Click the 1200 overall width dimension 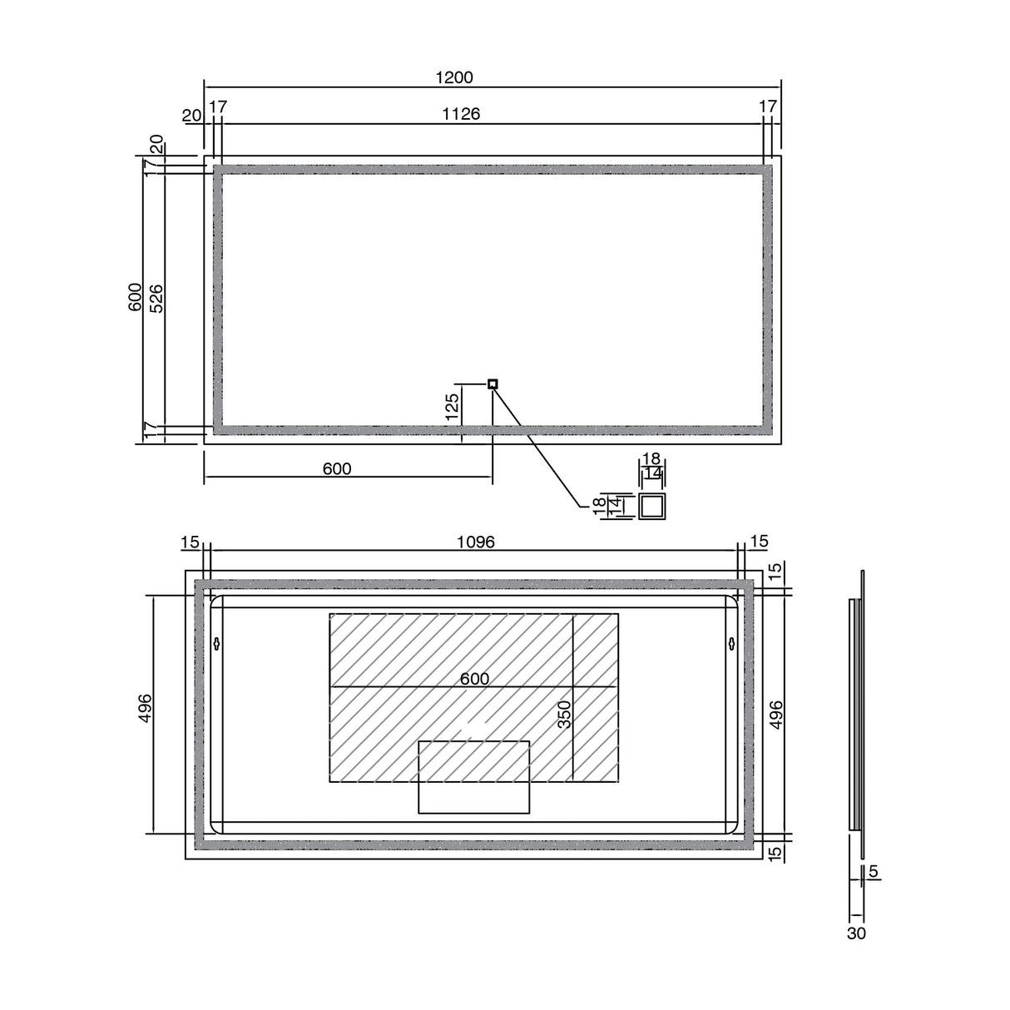[x=454, y=77]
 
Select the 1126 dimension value [x=462, y=114]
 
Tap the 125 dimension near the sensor [x=452, y=408]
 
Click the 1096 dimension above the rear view [x=476, y=542]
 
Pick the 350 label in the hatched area [x=565, y=715]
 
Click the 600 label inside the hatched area [x=474, y=679]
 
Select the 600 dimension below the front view [x=336, y=469]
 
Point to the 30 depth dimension [x=856, y=933]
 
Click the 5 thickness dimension [x=873, y=873]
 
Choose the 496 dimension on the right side [x=777, y=715]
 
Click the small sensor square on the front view [x=493, y=384]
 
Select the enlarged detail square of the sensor [x=651, y=506]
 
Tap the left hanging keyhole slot [x=217, y=643]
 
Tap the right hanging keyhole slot [x=731, y=643]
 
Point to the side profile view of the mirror [x=857, y=714]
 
